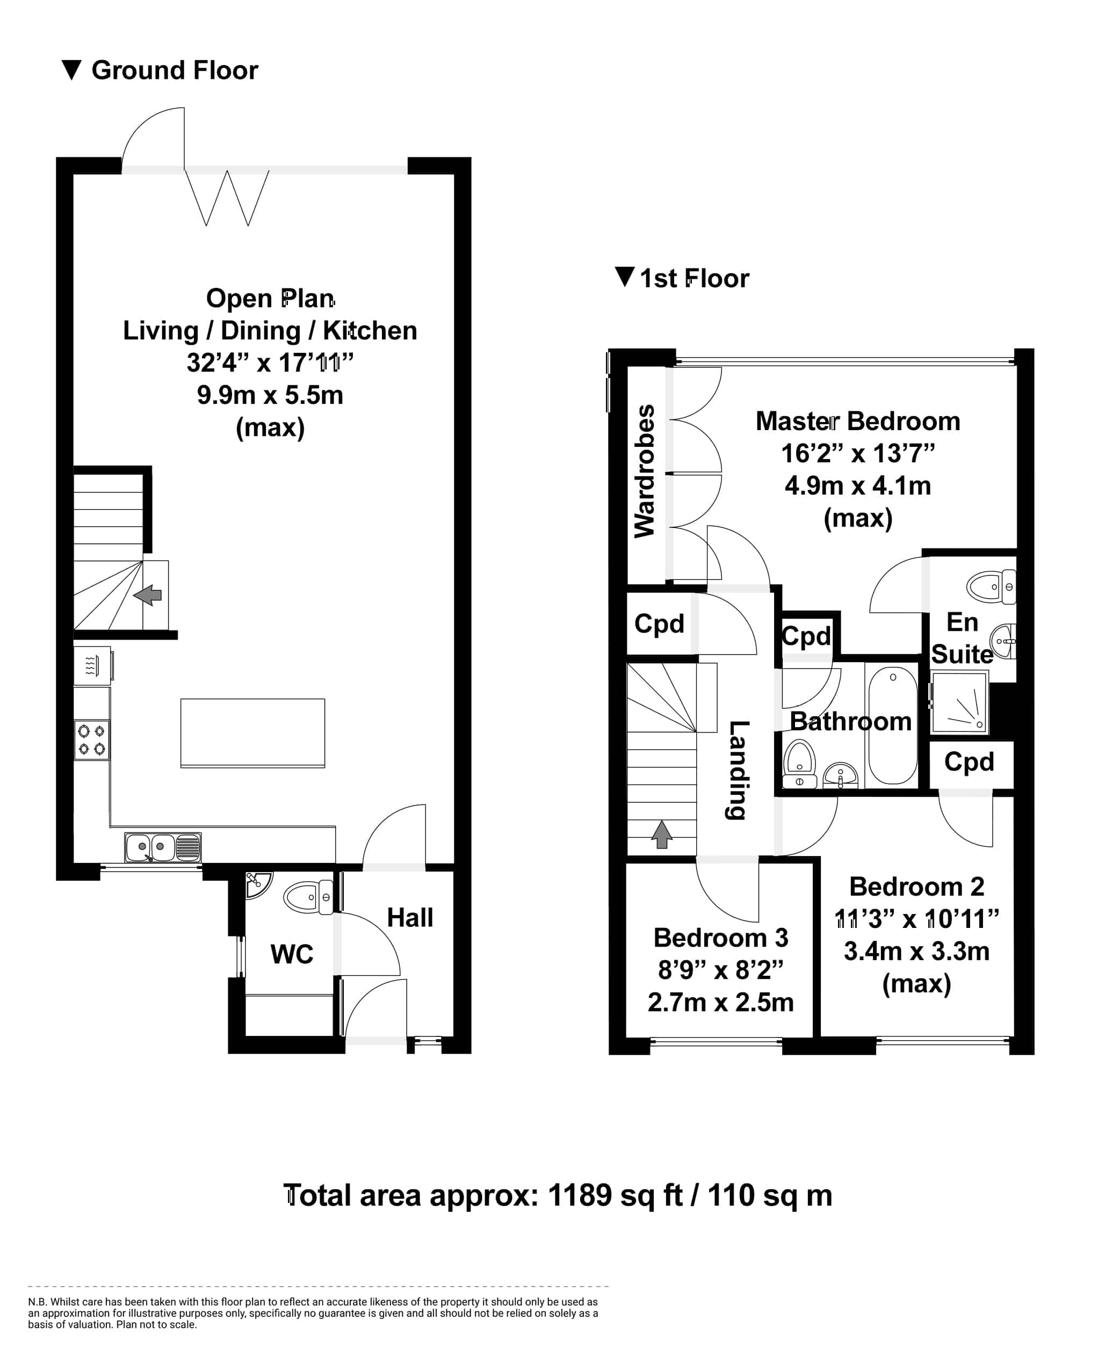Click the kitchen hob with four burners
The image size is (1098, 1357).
tap(92, 740)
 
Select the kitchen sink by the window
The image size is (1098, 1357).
tap(163, 847)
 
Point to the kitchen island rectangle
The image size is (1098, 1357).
tap(253, 734)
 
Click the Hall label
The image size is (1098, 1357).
tap(410, 918)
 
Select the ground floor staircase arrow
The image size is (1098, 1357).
tap(148, 595)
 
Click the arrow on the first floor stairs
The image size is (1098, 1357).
tap(662, 834)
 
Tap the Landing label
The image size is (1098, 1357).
tap(738, 770)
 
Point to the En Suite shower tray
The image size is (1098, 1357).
tap(959, 702)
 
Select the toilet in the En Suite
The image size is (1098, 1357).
tap(991, 587)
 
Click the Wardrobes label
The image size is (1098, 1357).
tap(645, 471)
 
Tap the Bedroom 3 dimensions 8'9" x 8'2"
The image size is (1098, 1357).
tap(720, 969)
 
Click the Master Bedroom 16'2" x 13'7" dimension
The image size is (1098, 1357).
tap(858, 453)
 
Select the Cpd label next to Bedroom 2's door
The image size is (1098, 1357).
tap(969, 763)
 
